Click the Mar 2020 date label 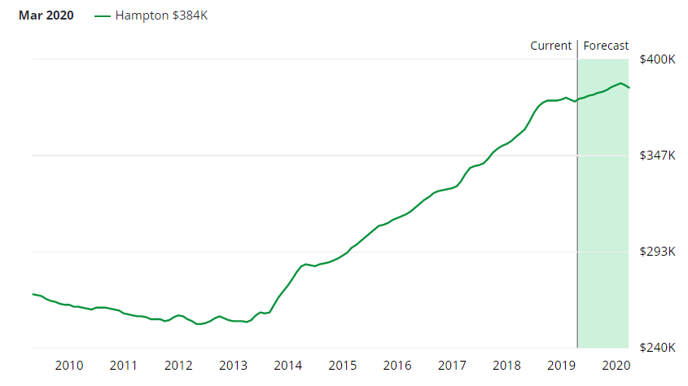click(46, 15)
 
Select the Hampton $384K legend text click(161, 15)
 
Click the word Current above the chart click(551, 46)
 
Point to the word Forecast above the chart click(606, 46)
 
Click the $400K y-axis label click(657, 59)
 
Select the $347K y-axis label click(657, 156)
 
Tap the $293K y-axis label click(657, 252)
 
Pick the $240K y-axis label click(657, 348)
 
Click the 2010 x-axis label click(68, 365)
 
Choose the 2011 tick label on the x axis click(123, 365)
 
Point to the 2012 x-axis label click(177, 365)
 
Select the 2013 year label click(233, 365)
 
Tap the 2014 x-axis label click(287, 365)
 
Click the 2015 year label click(342, 365)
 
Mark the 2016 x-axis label click(397, 365)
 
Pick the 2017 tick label click(452, 365)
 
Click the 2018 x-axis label click(506, 365)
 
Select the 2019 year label click(561, 365)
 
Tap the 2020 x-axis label click(616, 365)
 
